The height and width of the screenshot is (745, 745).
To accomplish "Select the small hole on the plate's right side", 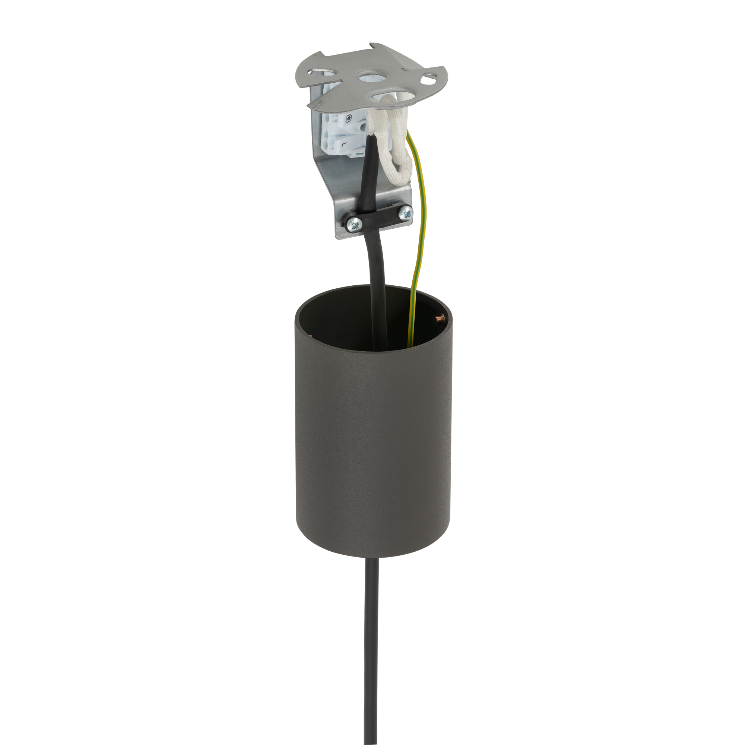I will coord(428,80).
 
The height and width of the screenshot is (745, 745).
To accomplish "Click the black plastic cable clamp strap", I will coord(380,216).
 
